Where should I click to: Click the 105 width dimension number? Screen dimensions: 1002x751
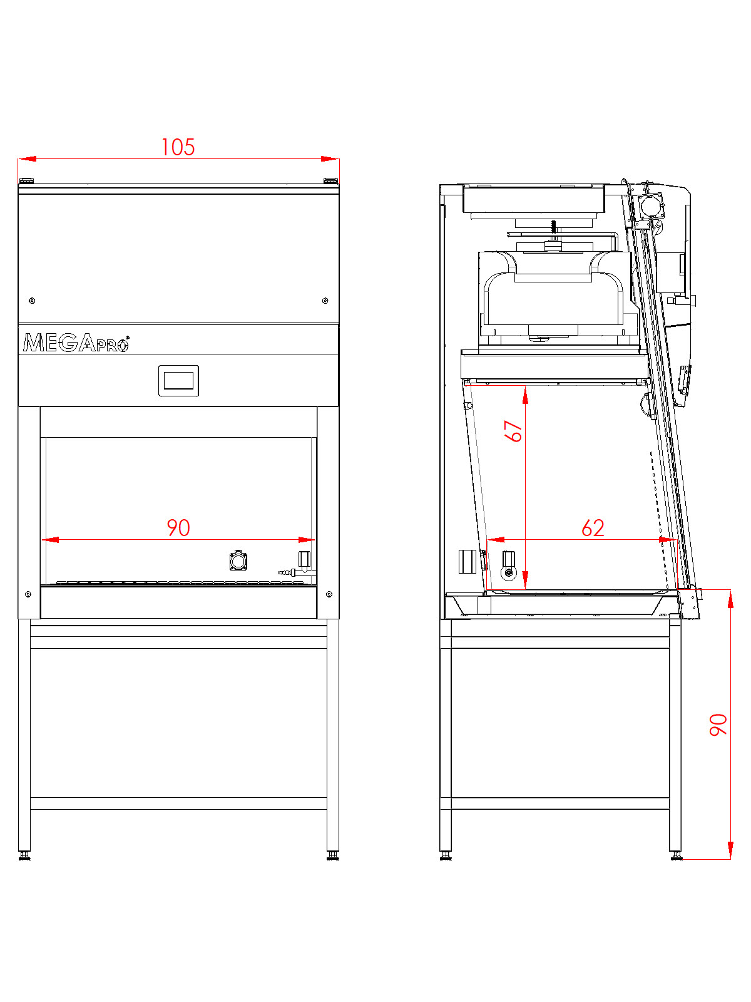point(178,147)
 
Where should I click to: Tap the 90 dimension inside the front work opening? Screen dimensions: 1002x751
point(178,528)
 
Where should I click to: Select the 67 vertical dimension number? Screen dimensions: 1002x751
point(514,431)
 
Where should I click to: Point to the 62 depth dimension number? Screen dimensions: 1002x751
point(593,529)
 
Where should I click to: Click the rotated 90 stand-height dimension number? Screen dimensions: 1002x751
point(718,724)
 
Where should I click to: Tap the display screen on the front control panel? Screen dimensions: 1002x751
point(178,380)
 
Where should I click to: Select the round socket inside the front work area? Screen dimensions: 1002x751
point(238,560)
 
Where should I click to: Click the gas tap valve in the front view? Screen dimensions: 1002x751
point(304,560)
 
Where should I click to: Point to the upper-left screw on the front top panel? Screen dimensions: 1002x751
point(33,301)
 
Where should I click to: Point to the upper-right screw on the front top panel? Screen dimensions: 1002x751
point(325,301)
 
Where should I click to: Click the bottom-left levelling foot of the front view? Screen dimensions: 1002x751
point(24,855)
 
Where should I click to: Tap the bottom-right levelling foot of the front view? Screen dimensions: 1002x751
point(332,855)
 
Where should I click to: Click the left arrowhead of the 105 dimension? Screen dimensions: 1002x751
point(27,159)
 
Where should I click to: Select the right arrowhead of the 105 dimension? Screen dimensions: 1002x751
point(330,159)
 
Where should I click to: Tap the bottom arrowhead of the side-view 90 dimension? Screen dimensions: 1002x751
point(730,850)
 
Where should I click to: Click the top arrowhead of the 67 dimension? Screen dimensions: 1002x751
point(525,395)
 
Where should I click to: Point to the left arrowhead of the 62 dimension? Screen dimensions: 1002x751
point(496,539)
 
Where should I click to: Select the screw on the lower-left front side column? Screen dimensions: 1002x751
point(28,594)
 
